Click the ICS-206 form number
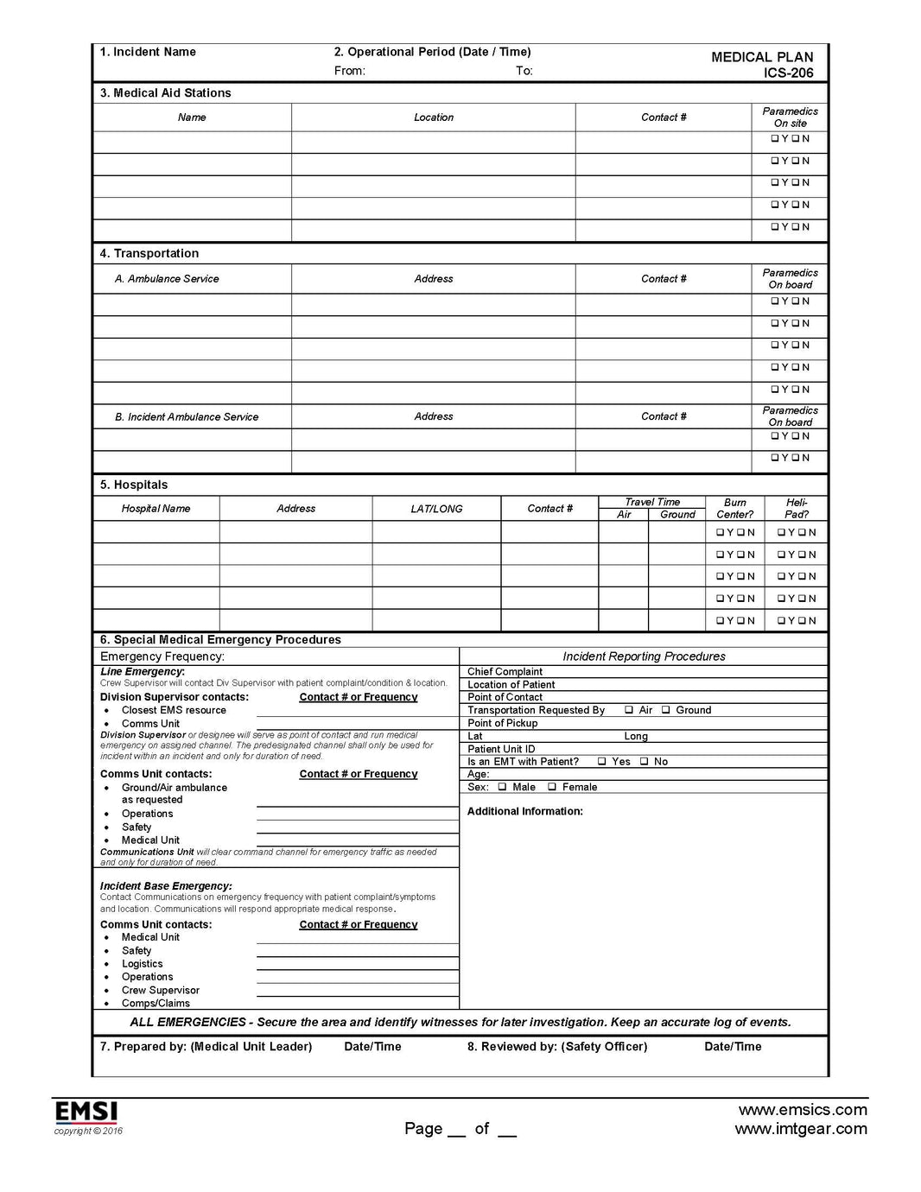click(x=788, y=73)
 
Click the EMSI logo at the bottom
click(x=86, y=1111)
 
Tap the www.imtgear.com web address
click(x=801, y=1129)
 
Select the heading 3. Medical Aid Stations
click(x=165, y=93)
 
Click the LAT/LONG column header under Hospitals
click(x=436, y=509)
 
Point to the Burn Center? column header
click(x=734, y=508)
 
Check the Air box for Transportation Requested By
click(x=629, y=710)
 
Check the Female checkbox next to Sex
click(x=552, y=787)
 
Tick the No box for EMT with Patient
click(x=645, y=762)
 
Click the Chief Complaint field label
click(x=505, y=672)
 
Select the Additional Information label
click(x=524, y=812)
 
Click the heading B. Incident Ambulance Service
click(x=187, y=417)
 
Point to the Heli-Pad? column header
click(x=797, y=508)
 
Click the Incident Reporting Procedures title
click(x=644, y=656)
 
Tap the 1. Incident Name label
click(x=148, y=52)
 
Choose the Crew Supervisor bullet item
click(x=160, y=991)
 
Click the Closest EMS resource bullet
click(x=174, y=710)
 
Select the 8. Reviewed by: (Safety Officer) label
click(x=557, y=1047)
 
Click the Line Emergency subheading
click(x=142, y=671)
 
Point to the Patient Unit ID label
click(x=501, y=749)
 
